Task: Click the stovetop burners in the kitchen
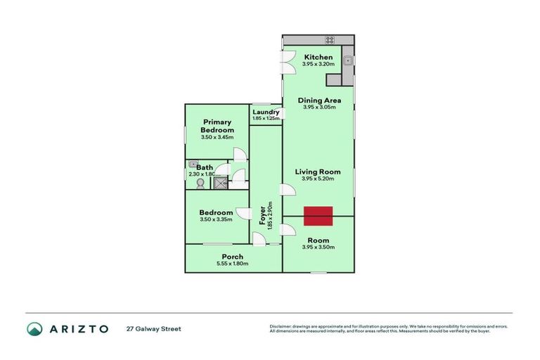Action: click(x=329, y=39)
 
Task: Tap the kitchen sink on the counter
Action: click(x=347, y=61)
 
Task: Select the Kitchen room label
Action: click(x=317, y=57)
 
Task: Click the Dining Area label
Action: click(x=319, y=100)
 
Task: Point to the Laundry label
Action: click(x=266, y=112)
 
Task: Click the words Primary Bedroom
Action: click(x=217, y=126)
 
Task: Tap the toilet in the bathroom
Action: click(x=200, y=183)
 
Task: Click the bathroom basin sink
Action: click(x=192, y=165)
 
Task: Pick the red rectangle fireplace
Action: click(x=318, y=216)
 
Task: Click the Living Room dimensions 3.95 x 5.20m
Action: click(x=318, y=179)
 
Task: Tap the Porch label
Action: click(x=232, y=257)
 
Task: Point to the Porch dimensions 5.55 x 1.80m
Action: click(x=232, y=264)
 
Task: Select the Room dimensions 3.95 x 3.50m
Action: click(x=318, y=247)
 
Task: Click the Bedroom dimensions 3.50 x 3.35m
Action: click(x=215, y=220)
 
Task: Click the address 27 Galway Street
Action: click(x=153, y=328)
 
